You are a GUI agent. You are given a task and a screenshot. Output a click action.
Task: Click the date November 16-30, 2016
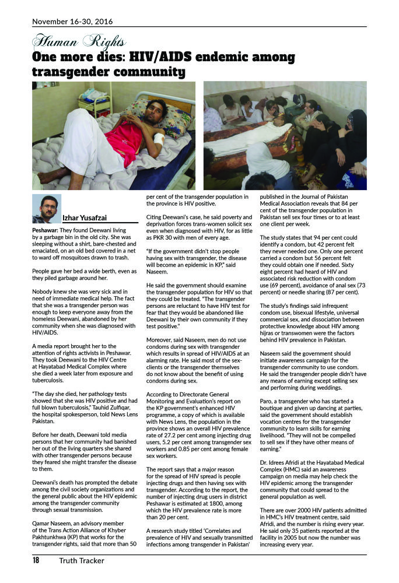coord(72,22)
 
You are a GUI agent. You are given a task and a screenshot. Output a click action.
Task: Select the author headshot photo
coord(46,209)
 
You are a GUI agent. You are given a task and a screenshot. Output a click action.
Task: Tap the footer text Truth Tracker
coord(82,561)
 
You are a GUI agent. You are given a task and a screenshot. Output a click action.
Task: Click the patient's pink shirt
coord(125,143)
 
